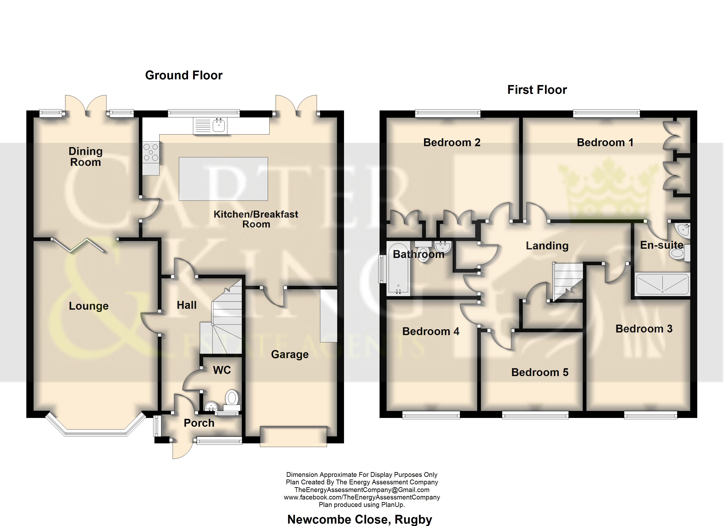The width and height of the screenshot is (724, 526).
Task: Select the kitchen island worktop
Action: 223,179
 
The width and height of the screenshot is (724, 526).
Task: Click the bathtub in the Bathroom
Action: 398,268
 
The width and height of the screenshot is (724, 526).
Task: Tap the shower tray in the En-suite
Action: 662,284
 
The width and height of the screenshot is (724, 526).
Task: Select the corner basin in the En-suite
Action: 683,230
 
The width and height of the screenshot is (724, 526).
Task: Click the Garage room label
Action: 290,354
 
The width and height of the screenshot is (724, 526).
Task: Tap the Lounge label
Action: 89,306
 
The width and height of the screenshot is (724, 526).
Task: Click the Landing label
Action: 547,246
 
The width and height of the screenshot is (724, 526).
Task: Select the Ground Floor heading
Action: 184,75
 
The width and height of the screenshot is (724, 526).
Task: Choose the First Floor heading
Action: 537,90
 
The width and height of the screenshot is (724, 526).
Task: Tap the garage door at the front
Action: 293,436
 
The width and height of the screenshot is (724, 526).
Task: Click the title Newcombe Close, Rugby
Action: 360,519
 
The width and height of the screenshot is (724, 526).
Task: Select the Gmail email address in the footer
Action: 362,490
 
